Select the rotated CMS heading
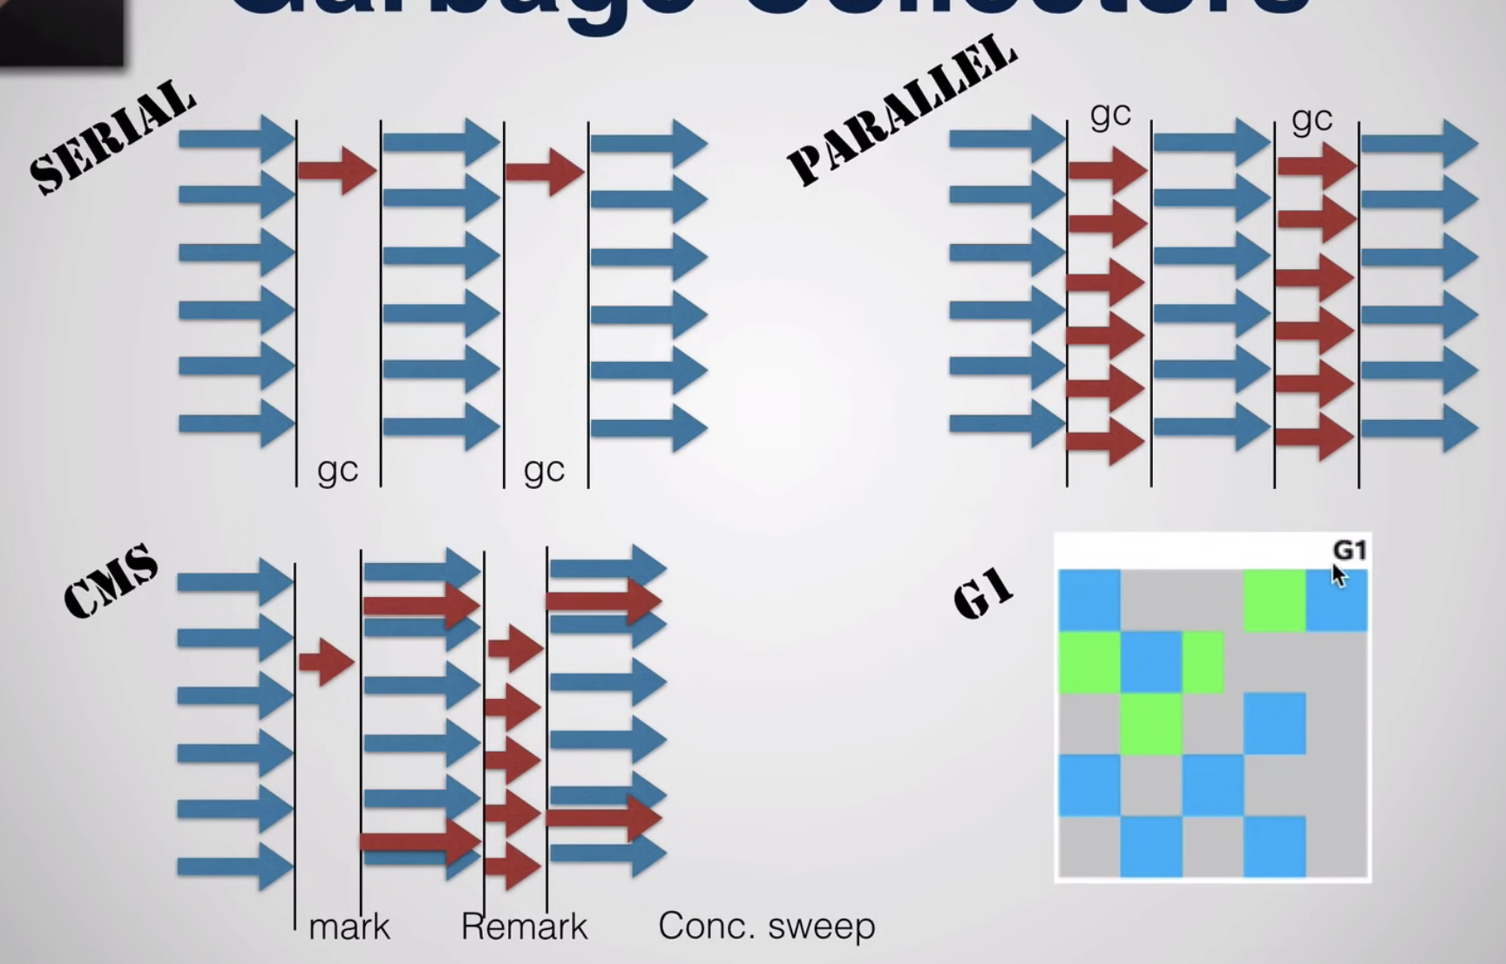[x=111, y=581]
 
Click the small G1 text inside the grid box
[x=1348, y=550]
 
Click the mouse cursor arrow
[x=1339, y=575]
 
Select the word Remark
[x=524, y=927]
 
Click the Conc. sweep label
[x=766, y=927]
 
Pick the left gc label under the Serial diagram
[x=337, y=470]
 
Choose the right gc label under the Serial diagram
[x=544, y=470]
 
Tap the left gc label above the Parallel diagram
[x=1110, y=114]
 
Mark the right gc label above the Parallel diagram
[x=1312, y=118]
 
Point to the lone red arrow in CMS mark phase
[x=326, y=662]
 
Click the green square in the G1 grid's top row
[x=1274, y=601]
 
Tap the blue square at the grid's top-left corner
[x=1089, y=601]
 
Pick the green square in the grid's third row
[x=1151, y=723]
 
